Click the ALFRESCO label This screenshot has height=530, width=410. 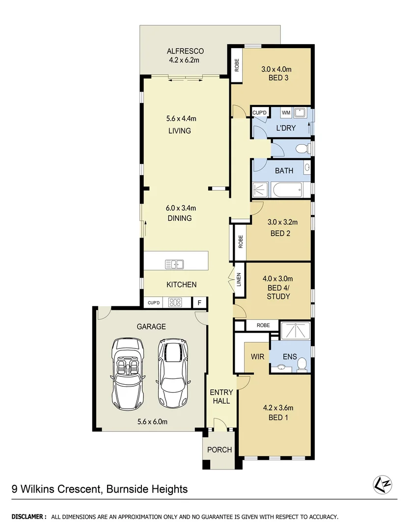[185, 51]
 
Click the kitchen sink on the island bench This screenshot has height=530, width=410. [174, 264]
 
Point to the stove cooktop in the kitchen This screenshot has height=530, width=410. [175, 303]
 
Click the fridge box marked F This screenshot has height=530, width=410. [199, 303]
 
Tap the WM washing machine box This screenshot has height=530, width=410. [286, 113]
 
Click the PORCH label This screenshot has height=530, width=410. [219, 450]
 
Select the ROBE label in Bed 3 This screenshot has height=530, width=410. [237, 65]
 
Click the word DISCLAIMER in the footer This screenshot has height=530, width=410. [28, 517]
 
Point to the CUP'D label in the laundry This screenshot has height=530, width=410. [259, 113]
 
